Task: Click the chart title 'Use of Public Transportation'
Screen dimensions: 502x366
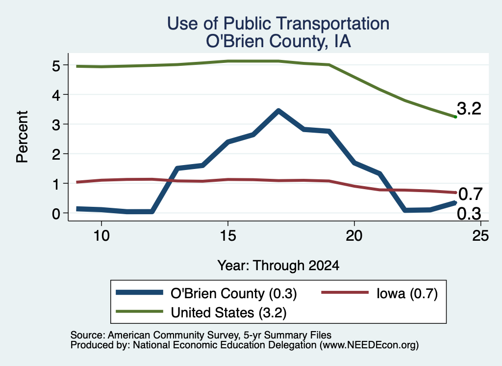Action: (278, 24)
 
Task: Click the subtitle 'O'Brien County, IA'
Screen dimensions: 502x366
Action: (278, 41)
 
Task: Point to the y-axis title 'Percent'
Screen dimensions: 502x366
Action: (22, 137)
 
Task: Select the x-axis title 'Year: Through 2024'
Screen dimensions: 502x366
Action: (278, 266)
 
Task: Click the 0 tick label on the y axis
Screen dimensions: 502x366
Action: (56, 213)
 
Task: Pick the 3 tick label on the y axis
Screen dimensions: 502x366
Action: (56, 124)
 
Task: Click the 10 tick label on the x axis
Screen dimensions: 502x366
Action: (101, 236)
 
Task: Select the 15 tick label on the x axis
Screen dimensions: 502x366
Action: (228, 236)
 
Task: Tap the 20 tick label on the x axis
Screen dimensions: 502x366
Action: (354, 236)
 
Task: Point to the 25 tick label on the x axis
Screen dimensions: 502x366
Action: (480, 236)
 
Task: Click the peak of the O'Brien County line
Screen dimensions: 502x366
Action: (278, 111)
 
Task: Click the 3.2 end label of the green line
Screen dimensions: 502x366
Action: (469, 109)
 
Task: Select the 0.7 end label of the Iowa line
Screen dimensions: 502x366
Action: (470, 194)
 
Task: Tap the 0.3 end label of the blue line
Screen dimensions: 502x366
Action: (469, 214)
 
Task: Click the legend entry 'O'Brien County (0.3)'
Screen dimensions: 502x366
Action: (206, 293)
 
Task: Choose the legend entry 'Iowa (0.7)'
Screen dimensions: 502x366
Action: (380, 293)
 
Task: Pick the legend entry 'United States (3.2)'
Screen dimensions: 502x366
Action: (201, 312)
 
